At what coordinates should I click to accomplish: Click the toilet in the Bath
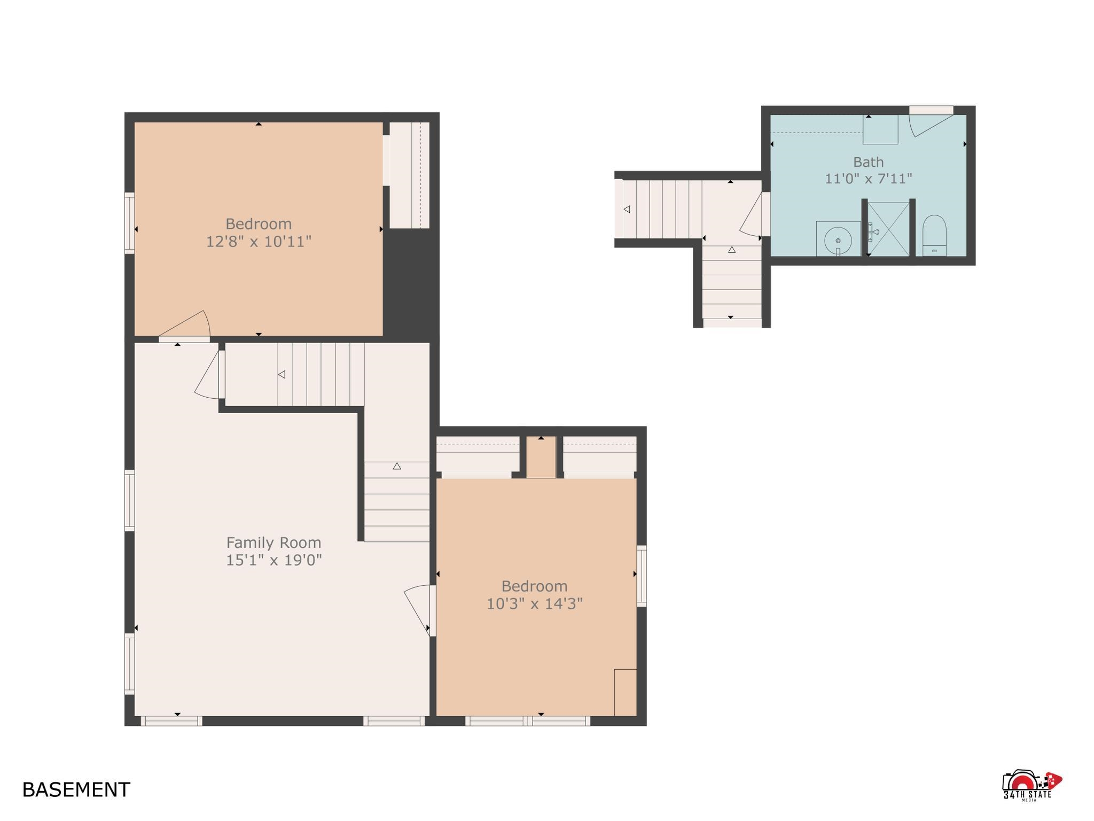[x=934, y=236]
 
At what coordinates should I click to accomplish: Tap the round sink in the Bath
[x=838, y=239]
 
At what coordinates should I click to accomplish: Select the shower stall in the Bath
[x=888, y=229]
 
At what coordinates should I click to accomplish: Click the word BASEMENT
[x=76, y=789]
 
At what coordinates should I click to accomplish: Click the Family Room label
[x=273, y=543]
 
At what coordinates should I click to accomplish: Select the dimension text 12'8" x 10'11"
[x=259, y=242]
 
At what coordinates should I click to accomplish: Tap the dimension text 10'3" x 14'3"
[x=534, y=604]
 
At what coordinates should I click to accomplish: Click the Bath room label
[x=868, y=161]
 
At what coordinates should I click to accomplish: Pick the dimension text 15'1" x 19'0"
[x=273, y=560]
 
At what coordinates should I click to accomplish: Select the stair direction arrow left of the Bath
[x=627, y=209]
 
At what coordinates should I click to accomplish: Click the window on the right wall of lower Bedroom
[x=641, y=576]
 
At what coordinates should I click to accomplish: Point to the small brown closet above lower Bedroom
[x=541, y=457]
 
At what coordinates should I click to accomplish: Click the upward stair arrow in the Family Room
[x=397, y=466]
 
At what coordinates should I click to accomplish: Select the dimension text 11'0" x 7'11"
[x=868, y=179]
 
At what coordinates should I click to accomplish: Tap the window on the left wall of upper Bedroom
[x=129, y=222]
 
